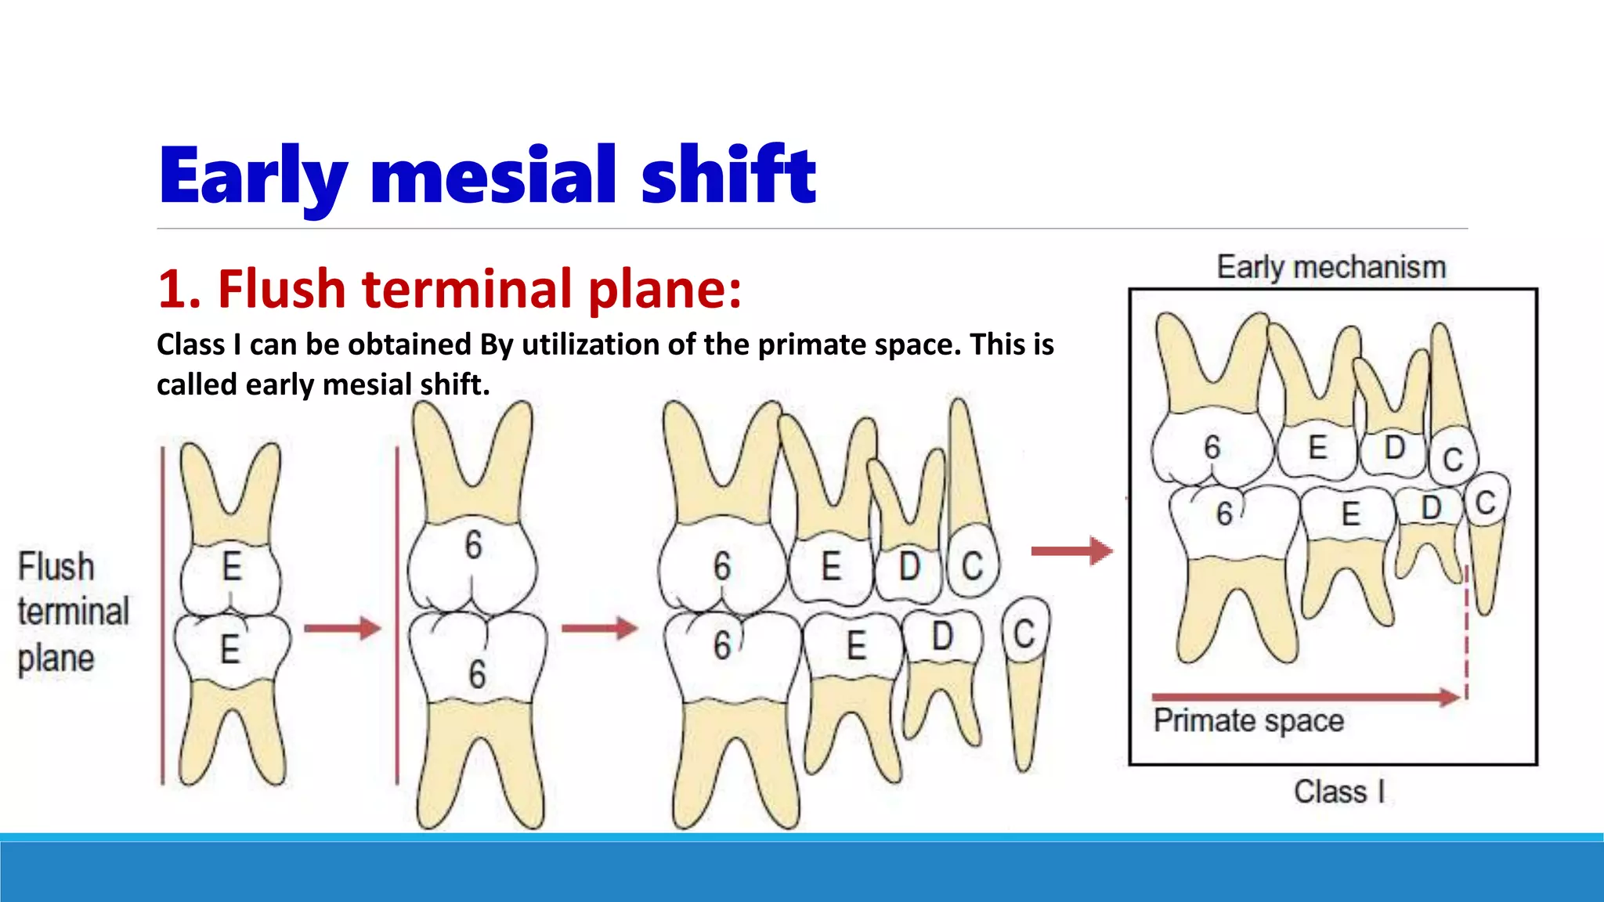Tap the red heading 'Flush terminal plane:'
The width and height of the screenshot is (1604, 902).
coord(449,289)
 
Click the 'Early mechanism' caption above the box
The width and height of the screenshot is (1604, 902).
coord(1331,267)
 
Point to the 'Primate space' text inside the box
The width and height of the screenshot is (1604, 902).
coord(1248,720)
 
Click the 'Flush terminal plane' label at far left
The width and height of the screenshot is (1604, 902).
coord(73,612)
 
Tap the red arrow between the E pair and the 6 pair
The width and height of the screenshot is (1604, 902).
coord(342,628)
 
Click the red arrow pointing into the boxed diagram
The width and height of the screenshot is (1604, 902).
coord(1071,551)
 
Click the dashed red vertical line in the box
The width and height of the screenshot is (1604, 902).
coord(1466,634)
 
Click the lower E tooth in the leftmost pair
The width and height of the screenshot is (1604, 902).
coord(230,648)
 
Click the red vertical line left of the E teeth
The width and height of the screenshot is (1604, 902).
coord(163,615)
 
